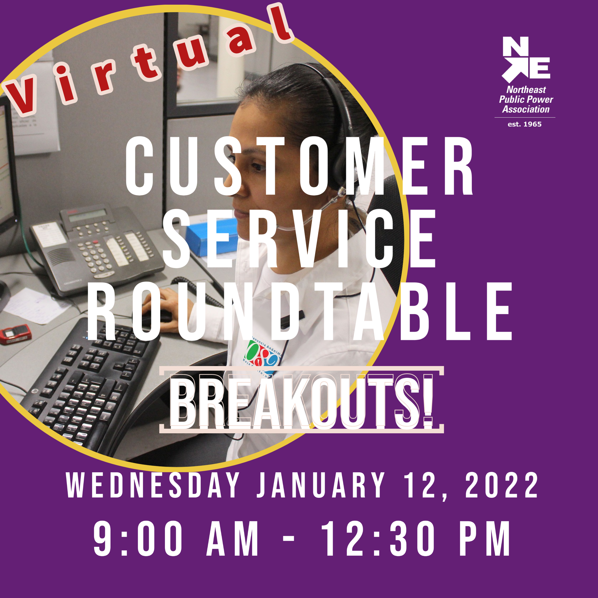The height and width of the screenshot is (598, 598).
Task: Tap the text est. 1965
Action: (525, 124)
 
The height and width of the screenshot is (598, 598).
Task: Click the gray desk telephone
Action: (99, 248)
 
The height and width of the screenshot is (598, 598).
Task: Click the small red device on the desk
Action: (15, 334)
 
